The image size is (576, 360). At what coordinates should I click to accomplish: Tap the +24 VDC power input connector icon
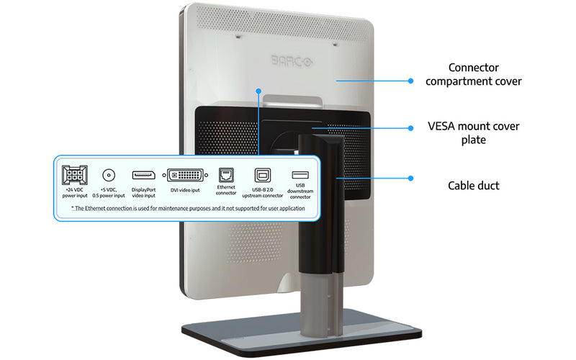coord(74,176)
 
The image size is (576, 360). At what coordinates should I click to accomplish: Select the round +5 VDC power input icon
coord(109,175)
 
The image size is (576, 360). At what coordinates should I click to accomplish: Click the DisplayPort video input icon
coord(143,175)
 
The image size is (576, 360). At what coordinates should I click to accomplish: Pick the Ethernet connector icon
coord(226,176)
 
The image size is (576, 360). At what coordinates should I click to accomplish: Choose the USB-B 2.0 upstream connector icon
coord(262,176)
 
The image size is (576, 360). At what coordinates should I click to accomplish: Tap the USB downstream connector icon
coord(300,175)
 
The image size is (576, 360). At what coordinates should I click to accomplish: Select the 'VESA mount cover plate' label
coord(473,132)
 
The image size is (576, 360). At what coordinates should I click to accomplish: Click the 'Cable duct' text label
coord(473,186)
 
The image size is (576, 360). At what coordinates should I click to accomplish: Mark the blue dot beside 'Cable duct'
coord(411,179)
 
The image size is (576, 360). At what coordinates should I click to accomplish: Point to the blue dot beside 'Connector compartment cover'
coord(411,81)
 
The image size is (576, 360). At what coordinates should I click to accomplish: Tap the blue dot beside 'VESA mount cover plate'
coord(411,128)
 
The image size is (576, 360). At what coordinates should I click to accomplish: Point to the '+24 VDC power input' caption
coord(74,193)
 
